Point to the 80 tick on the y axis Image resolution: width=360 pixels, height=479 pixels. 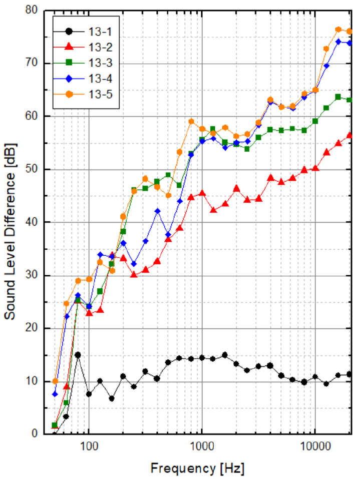click(x=34, y=11)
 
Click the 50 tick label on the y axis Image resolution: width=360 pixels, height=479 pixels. click(x=34, y=169)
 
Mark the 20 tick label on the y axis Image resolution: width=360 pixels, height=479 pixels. click(x=34, y=328)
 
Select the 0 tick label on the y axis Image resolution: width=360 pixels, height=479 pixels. click(x=37, y=433)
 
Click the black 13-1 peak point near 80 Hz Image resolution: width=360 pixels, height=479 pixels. click(x=78, y=355)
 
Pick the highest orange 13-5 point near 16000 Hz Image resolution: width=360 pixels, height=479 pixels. click(x=338, y=30)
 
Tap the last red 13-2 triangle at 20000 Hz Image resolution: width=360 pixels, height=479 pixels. click(x=349, y=135)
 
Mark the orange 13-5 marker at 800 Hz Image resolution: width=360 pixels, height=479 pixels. click(x=191, y=121)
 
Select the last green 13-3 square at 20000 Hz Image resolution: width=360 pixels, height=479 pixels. click(x=349, y=100)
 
